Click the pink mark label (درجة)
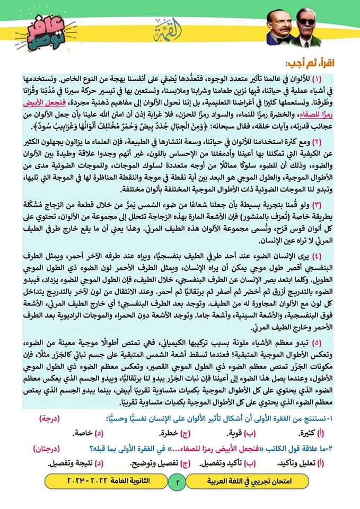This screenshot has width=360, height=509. [50, 419]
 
